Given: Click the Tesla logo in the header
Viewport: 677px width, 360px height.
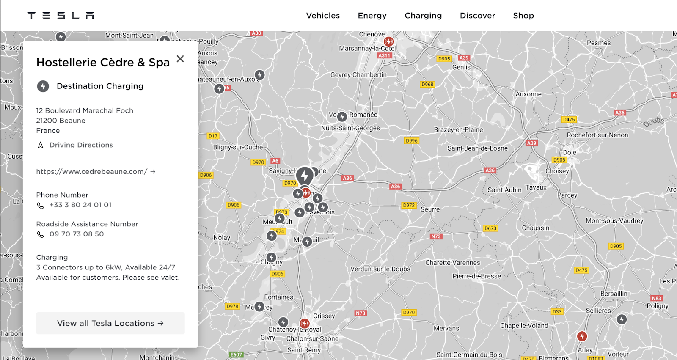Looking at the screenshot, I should (x=61, y=16).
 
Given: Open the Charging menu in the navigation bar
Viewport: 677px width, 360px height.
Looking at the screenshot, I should (x=423, y=16).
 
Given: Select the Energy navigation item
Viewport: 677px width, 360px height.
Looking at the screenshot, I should (x=372, y=16).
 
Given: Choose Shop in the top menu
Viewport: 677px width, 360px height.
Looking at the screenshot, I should (x=523, y=16).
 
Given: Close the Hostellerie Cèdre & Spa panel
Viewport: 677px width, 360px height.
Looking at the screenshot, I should (x=180, y=59).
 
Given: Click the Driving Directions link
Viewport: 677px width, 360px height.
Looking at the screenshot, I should (x=81, y=145).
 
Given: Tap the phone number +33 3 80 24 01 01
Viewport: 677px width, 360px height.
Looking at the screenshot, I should (x=80, y=205).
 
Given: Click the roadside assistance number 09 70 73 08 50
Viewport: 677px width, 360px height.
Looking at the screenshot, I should (x=76, y=234).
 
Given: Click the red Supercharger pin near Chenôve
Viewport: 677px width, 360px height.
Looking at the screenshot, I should (x=388, y=41).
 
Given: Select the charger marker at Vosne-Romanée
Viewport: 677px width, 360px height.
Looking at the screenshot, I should (x=342, y=116).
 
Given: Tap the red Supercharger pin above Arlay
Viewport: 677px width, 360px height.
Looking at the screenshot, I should (x=582, y=336).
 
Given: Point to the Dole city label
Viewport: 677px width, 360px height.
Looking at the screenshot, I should (x=569, y=152).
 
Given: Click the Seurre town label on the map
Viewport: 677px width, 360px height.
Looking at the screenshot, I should (x=430, y=209).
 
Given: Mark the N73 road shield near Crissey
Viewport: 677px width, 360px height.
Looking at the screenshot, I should (x=361, y=313).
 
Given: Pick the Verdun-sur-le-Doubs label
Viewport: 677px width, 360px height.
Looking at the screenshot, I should (x=380, y=269).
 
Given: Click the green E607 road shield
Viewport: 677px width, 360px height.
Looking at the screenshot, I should (x=236, y=355).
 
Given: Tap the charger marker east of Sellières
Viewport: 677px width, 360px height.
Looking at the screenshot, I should (x=622, y=319).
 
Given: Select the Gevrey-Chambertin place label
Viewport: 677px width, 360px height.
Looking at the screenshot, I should (x=358, y=75).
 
